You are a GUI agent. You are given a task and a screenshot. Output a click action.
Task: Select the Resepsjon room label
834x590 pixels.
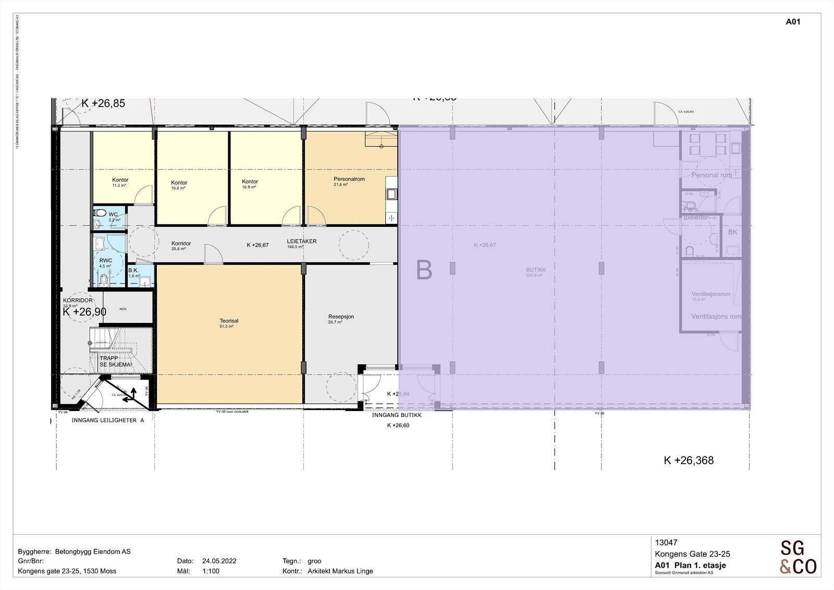[x=341, y=317]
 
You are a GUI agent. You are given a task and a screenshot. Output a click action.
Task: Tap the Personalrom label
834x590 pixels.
[x=349, y=179]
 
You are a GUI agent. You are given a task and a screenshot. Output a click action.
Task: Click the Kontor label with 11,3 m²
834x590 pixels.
[x=120, y=180]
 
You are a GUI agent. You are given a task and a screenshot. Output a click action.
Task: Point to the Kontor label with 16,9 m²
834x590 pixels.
[x=250, y=182]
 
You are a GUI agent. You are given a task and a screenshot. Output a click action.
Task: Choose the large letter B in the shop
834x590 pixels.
[x=424, y=270]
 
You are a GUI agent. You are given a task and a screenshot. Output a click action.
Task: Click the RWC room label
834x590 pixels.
[x=106, y=261]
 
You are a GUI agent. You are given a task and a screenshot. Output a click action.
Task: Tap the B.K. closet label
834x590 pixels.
[x=133, y=270]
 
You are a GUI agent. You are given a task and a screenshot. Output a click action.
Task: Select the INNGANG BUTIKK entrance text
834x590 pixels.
[x=397, y=415]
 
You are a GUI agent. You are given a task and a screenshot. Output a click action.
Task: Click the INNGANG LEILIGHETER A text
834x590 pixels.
[x=107, y=420]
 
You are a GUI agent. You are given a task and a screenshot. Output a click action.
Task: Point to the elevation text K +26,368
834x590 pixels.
[x=688, y=460]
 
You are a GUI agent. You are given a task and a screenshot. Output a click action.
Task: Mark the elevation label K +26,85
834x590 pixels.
[x=103, y=103]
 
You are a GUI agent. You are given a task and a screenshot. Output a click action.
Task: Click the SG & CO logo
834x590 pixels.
[x=798, y=557]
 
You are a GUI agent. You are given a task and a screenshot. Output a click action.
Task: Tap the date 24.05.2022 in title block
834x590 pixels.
[x=219, y=561]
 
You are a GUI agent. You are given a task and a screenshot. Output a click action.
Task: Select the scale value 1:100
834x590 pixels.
[x=211, y=571]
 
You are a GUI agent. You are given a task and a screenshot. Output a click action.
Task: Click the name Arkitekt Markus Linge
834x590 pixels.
[x=340, y=571]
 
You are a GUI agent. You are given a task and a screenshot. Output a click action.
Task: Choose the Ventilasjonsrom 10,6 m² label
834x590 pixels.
[x=710, y=294]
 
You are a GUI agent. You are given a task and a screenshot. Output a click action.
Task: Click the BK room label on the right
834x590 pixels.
[x=732, y=232]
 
